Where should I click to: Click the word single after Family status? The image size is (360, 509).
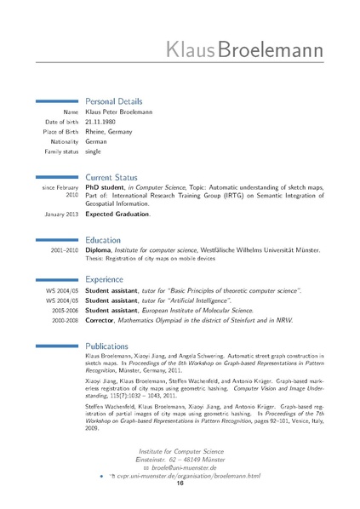[x=94, y=151]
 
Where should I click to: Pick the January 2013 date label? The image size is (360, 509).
[x=61, y=214]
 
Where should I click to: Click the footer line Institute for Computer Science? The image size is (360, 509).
[x=180, y=450]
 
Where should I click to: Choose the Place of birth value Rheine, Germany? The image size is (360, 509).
[x=112, y=131]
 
